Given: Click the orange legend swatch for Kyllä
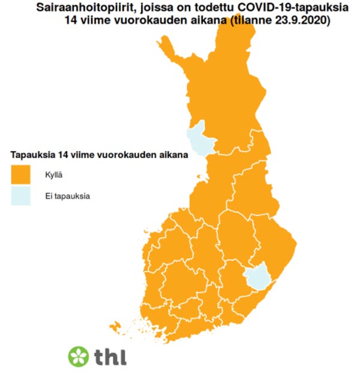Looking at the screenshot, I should click(x=21, y=175).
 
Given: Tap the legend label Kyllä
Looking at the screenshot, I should click(x=55, y=175).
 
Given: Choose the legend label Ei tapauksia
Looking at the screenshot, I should click(x=68, y=196).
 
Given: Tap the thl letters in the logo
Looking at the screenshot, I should click(x=110, y=356).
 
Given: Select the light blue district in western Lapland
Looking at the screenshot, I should click(x=201, y=139).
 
